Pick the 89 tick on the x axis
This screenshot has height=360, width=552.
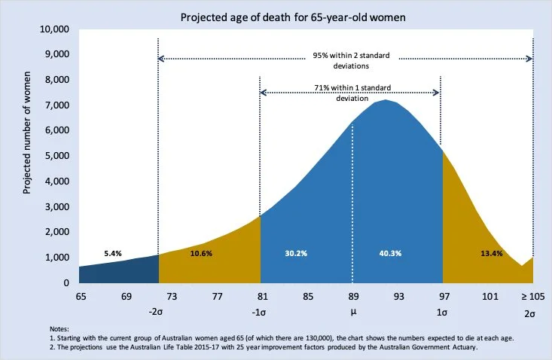pyautogui.click(x=352, y=296)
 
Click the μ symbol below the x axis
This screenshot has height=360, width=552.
pyautogui.click(x=352, y=311)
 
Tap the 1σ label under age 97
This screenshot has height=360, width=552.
pyautogui.click(x=444, y=311)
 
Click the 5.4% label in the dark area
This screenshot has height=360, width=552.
pyautogui.click(x=113, y=254)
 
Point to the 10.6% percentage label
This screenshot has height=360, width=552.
pyautogui.click(x=201, y=254)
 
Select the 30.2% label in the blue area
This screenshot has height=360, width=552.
pyautogui.click(x=297, y=254)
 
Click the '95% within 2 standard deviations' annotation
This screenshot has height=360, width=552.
pyautogui.click(x=346, y=59)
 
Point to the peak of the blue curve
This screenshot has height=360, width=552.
pyautogui.click(x=386, y=100)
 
